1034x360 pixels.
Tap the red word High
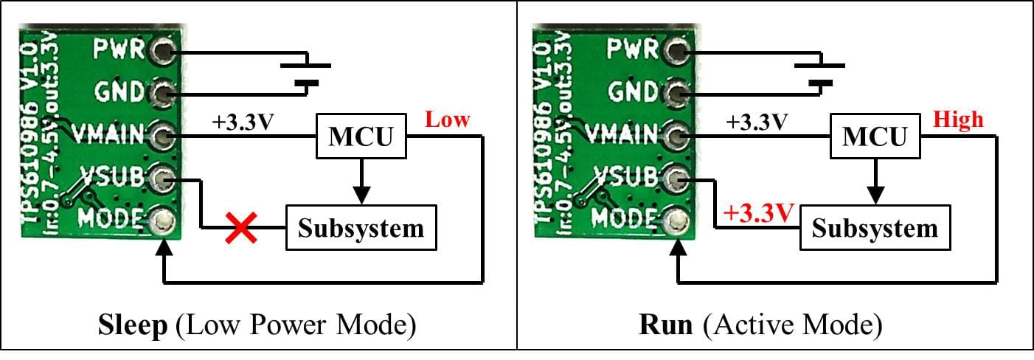(957, 119)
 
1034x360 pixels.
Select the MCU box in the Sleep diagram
(361, 136)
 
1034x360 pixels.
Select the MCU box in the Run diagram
(875, 136)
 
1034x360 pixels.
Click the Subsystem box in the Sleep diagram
(361, 228)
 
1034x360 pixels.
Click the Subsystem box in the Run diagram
(875, 228)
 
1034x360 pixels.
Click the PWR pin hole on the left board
(162, 50)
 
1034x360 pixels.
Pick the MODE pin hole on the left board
(162, 220)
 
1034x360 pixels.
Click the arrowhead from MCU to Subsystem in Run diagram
(875, 196)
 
